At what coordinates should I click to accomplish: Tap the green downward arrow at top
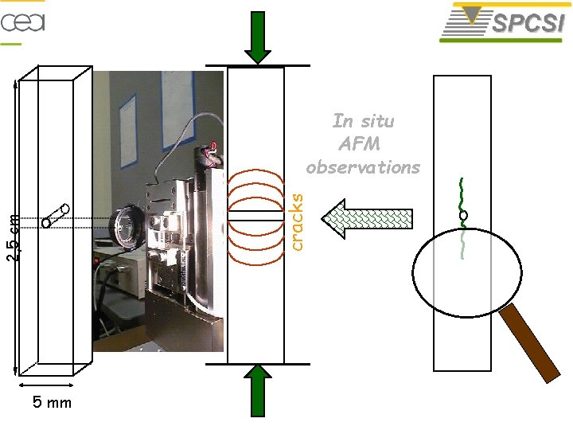coord(258,37)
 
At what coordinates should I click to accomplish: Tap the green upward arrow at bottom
coord(258,391)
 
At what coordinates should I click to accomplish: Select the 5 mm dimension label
coord(52,403)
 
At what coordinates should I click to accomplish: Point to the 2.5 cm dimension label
coord(12,239)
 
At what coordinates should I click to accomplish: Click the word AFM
coord(359,144)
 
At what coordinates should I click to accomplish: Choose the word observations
coord(362,167)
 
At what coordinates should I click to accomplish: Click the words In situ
coord(363,121)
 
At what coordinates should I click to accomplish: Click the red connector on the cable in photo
coord(212,150)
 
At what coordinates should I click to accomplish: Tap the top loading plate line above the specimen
coord(257,64)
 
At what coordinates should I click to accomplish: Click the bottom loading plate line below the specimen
coord(257,364)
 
